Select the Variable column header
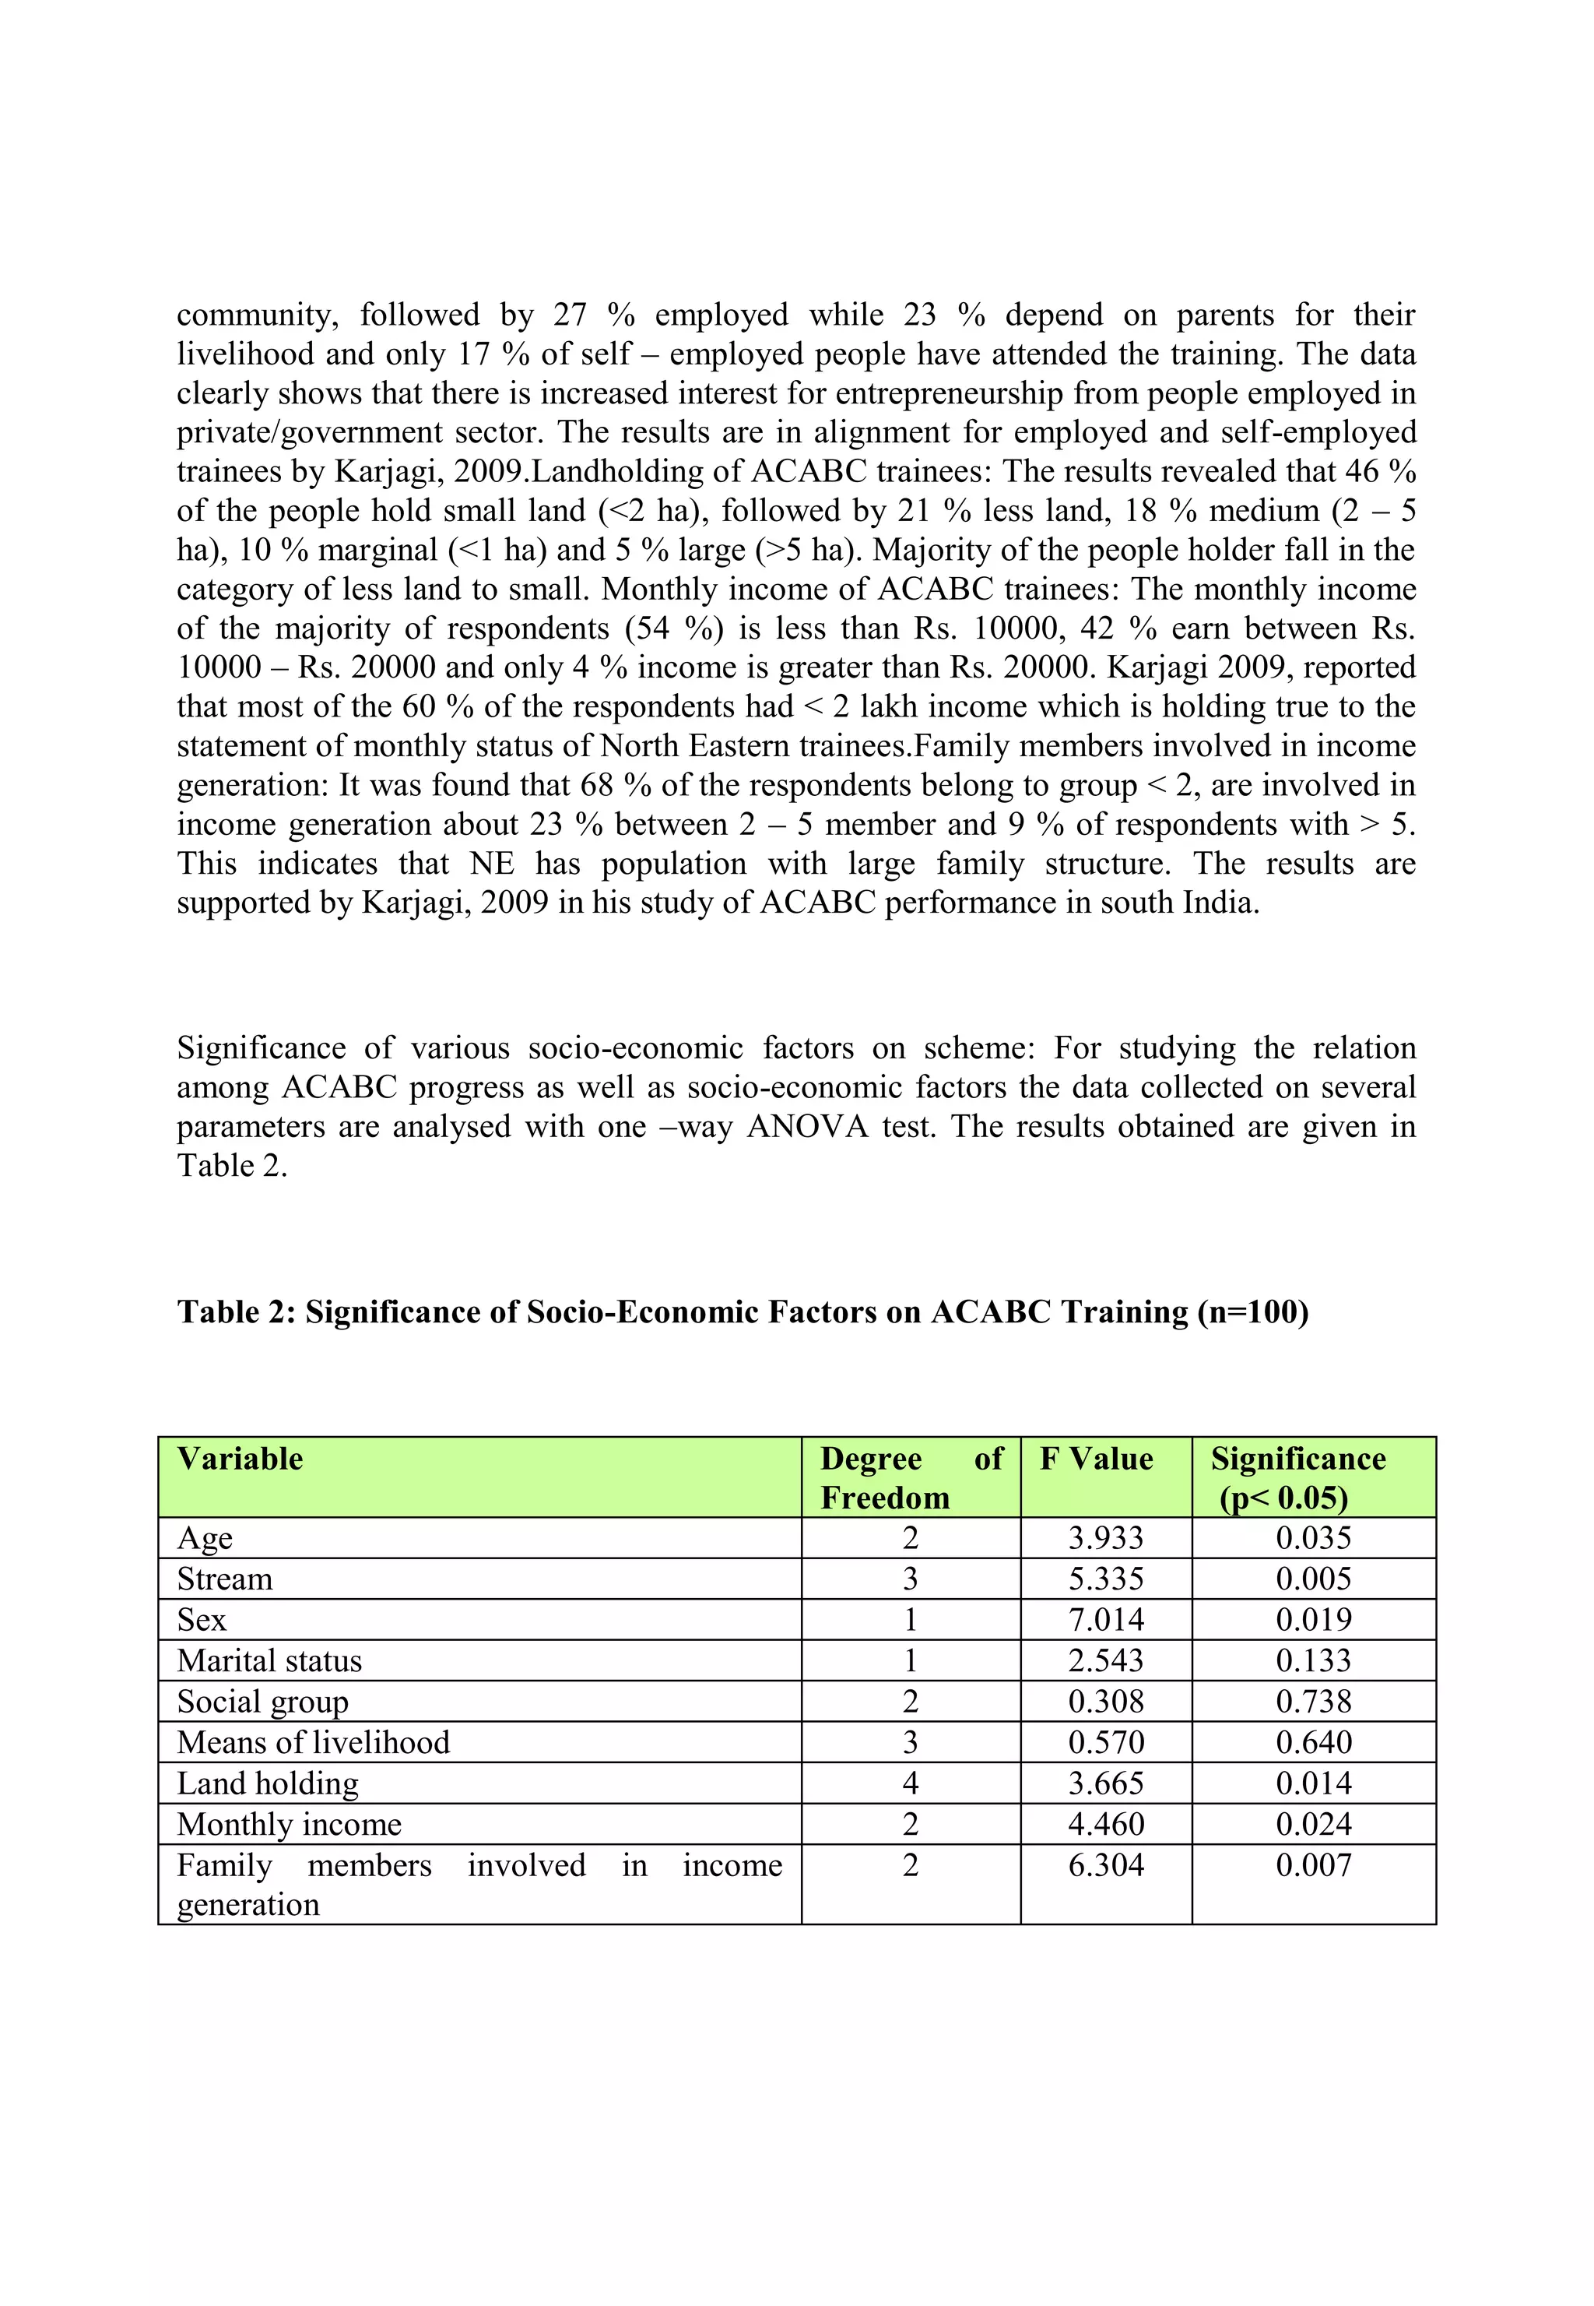[x=240, y=1459]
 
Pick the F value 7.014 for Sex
[x=1106, y=1620]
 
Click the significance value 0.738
[x=1313, y=1702]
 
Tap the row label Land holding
[x=268, y=1783]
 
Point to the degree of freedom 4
[x=910, y=1783]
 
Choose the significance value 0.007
[x=1313, y=1865]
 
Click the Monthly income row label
[x=289, y=1825]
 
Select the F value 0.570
[x=1106, y=1742]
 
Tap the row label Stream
[x=225, y=1579]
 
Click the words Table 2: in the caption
[x=237, y=1311]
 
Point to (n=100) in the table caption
[x=1252, y=1311]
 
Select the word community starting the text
[x=258, y=315]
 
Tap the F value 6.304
[x=1106, y=1865]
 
